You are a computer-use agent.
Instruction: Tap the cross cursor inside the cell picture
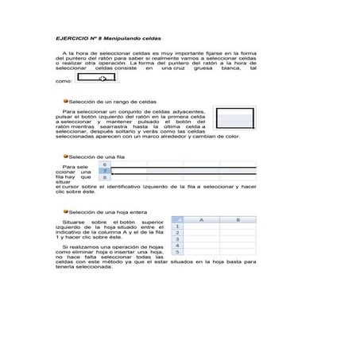(x=102, y=79)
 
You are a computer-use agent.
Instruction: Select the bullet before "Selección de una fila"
(x=66, y=157)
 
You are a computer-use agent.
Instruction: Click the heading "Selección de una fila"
(x=97, y=157)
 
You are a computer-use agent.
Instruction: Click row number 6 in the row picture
(x=106, y=165)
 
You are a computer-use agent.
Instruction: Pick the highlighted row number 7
(x=106, y=171)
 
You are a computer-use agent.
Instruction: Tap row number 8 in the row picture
(x=106, y=178)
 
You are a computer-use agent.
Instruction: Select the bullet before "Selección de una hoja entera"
(x=66, y=212)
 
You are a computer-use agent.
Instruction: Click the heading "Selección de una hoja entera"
(x=107, y=212)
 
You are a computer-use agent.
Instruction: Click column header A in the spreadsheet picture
(x=202, y=219)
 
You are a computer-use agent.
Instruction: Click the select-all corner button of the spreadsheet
(x=177, y=219)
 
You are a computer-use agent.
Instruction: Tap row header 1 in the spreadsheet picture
(x=177, y=226)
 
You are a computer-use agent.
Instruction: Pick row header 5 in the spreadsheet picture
(x=177, y=251)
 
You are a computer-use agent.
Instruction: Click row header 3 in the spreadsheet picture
(x=177, y=238)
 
